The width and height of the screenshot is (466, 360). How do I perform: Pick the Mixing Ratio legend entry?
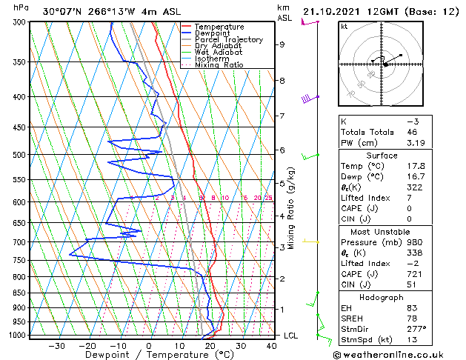[219, 65]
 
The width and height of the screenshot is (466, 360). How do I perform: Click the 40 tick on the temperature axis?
[272, 345]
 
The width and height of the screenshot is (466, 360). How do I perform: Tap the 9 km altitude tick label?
[282, 44]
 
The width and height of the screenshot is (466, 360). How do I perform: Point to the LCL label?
[291, 336]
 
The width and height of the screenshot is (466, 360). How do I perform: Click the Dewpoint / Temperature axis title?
[148, 355]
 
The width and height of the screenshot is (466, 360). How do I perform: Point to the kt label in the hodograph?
[344, 27]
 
